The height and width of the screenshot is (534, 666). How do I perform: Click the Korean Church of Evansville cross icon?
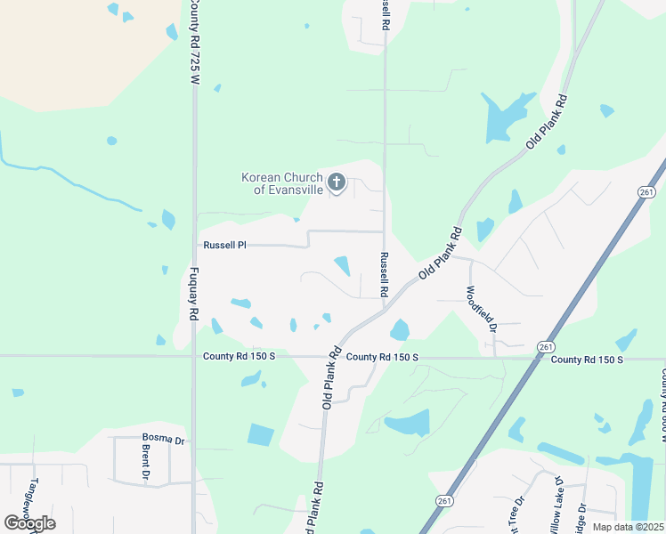coord(337,183)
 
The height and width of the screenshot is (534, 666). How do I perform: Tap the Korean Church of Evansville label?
coord(280,183)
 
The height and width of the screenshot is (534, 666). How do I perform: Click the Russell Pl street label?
coord(223,244)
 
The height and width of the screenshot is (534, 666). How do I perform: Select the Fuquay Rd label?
coord(193,294)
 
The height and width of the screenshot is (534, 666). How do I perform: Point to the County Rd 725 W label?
coord(193,43)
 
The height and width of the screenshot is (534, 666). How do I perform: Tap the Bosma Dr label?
coord(163,439)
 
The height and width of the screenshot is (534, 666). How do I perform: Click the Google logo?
coord(29,522)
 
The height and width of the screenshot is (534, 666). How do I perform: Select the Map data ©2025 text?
coord(627,527)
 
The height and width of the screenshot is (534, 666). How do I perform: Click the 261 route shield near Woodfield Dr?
coord(546,345)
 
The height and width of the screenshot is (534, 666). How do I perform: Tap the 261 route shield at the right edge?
coord(647,191)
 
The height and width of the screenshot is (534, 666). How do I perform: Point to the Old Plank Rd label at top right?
coord(548,120)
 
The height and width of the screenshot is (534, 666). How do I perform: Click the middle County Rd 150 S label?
coord(382,357)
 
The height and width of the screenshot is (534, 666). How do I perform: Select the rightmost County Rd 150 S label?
coord(587,360)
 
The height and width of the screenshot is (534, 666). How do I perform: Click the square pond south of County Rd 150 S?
coord(261,435)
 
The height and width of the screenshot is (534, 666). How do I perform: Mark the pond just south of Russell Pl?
coord(341,264)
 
